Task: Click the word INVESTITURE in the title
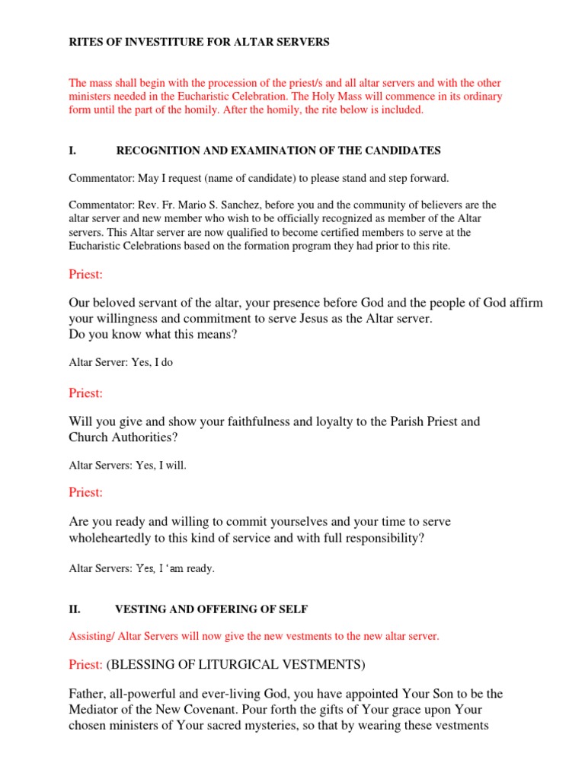pyautogui.click(x=147, y=43)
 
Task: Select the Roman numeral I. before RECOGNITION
pyautogui.click(x=72, y=151)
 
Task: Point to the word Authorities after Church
pyautogui.click(x=145, y=437)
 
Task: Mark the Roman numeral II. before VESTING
pyautogui.click(x=74, y=609)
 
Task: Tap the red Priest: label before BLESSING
pyautogui.click(x=85, y=665)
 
